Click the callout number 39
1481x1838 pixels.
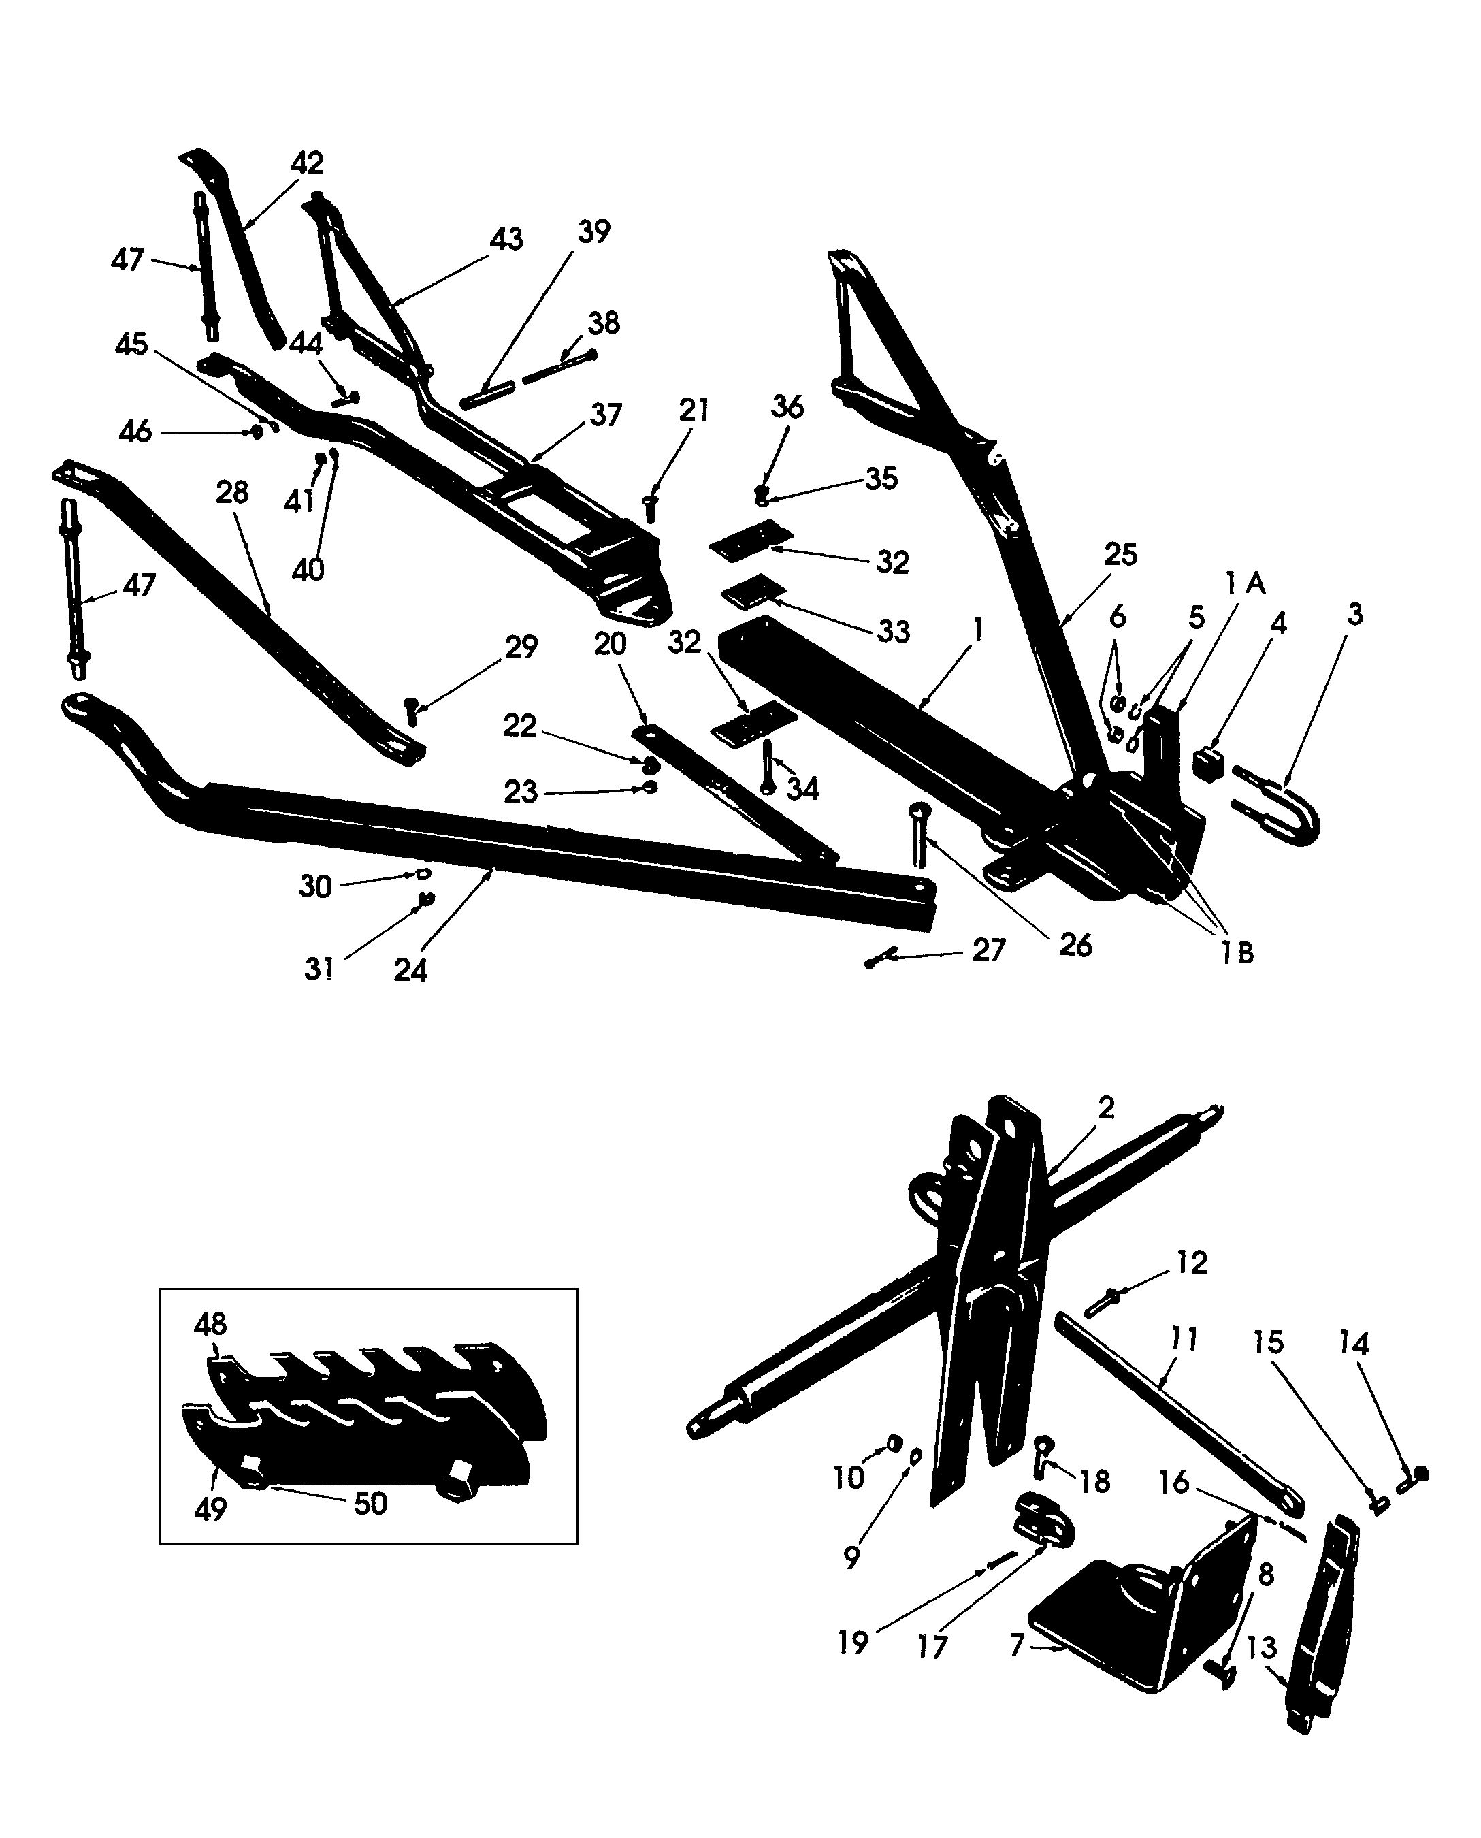click(593, 232)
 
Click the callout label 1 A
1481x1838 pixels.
click(1245, 585)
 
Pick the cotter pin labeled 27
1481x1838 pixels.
click(881, 958)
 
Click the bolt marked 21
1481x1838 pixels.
click(650, 509)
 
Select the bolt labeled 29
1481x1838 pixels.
click(412, 710)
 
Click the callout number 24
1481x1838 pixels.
click(410, 970)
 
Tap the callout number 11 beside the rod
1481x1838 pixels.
click(1184, 1339)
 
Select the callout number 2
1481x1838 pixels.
click(1105, 1108)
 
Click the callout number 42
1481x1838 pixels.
click(307, 163)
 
